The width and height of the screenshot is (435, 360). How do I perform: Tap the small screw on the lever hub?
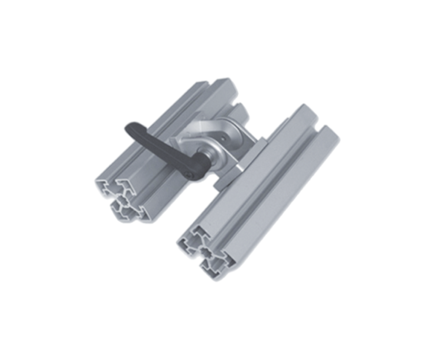[x=188, y=175]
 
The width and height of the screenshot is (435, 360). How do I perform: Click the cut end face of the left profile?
[x=122, y=200]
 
